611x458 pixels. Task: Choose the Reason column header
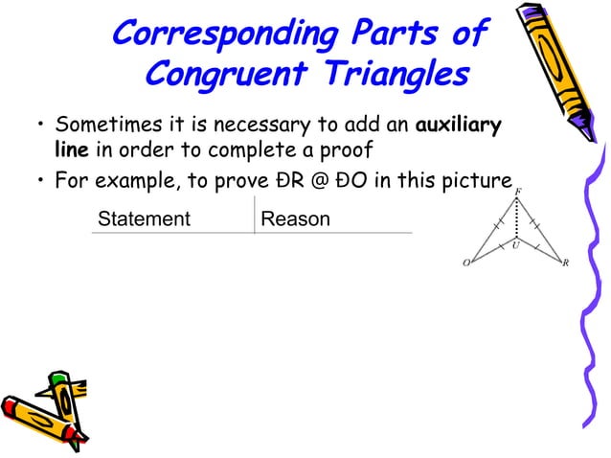click(295, 219)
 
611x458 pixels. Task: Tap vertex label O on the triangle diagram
click(465, 263)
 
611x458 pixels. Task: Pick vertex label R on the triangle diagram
click(566, 263)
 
